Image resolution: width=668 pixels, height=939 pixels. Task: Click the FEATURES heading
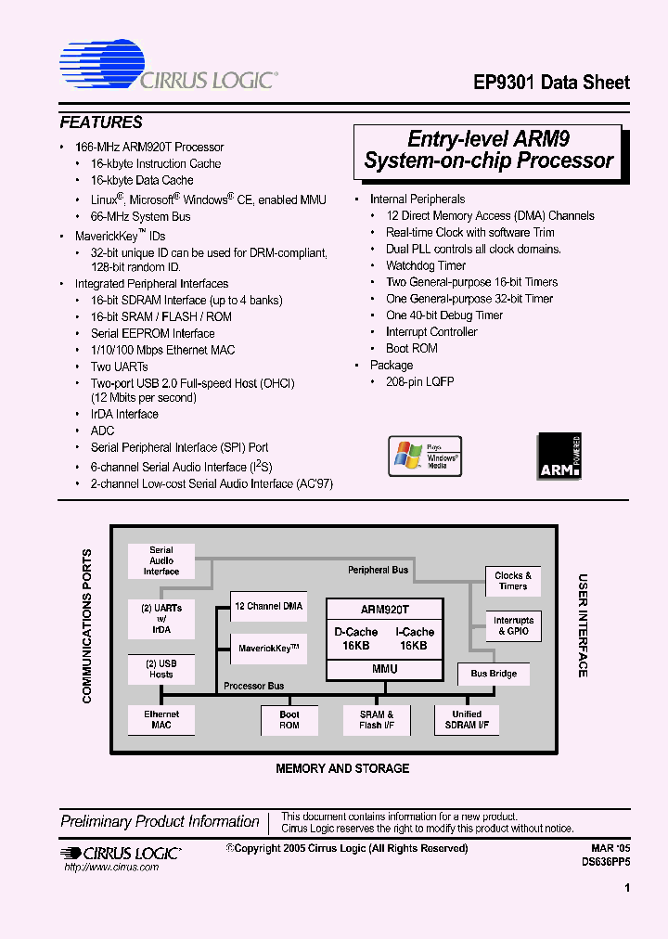[x=101, y=122]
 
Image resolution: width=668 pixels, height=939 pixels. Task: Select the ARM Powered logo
[x=559, y=457]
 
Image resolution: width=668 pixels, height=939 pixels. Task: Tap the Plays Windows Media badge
[x=424, y=457]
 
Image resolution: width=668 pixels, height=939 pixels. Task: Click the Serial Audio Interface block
[x=161, y=560]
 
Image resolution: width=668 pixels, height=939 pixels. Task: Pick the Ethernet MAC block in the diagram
[x=161, y=720]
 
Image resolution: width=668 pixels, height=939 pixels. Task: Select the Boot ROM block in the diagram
[x=289, y=720]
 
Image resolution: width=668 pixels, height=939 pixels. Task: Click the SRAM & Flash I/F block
[x=377, y=720]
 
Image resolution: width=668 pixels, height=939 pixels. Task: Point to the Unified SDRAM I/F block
[x=467, y=720]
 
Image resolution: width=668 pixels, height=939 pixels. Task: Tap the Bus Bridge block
[x=494, y=674]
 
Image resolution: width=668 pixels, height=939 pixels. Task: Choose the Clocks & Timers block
[x=513, y=582]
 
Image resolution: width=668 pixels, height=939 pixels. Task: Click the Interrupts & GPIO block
[x=513, y=626]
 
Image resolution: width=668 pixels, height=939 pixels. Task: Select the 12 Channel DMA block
[x=268, y=606]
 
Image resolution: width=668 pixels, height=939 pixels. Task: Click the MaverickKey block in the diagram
[x=268, y=648]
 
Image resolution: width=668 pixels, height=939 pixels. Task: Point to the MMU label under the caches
[x=384, y=669]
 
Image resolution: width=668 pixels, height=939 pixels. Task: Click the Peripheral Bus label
[x=378, y=570]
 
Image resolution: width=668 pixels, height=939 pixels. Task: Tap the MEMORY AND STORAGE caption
[x=342, y=768]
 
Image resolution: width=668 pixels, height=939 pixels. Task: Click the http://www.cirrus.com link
[x=111, y=867]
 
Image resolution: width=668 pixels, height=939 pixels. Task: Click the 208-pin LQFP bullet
[x=420, y=382]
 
